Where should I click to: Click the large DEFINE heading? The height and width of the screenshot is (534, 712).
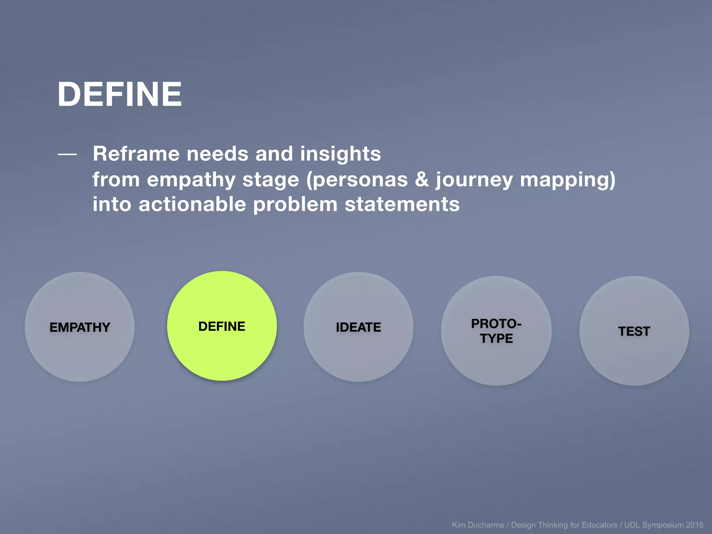click(120, 94)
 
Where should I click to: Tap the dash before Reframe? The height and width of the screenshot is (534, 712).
click(67, 154)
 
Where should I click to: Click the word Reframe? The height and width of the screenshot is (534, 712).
click(136, 154)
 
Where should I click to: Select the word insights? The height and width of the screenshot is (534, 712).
click(340, 154)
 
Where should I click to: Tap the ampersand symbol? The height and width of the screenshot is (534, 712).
click(422, 180)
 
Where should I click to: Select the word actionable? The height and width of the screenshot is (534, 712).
click(192, 204)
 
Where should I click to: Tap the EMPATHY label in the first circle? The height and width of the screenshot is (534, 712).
click(80, 327)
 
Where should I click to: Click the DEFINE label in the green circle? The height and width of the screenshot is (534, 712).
click(222, 326)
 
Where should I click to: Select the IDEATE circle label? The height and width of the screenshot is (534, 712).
click(358, 327)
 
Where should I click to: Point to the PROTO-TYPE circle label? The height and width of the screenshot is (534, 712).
click(496, 331)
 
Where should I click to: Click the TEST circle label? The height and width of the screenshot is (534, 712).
click(634, 331)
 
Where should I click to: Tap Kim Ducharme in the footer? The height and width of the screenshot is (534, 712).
click(478, 525)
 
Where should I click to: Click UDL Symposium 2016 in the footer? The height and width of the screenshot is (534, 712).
click(664, 525)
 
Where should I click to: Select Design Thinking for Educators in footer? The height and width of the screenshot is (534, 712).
click(564, 525)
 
